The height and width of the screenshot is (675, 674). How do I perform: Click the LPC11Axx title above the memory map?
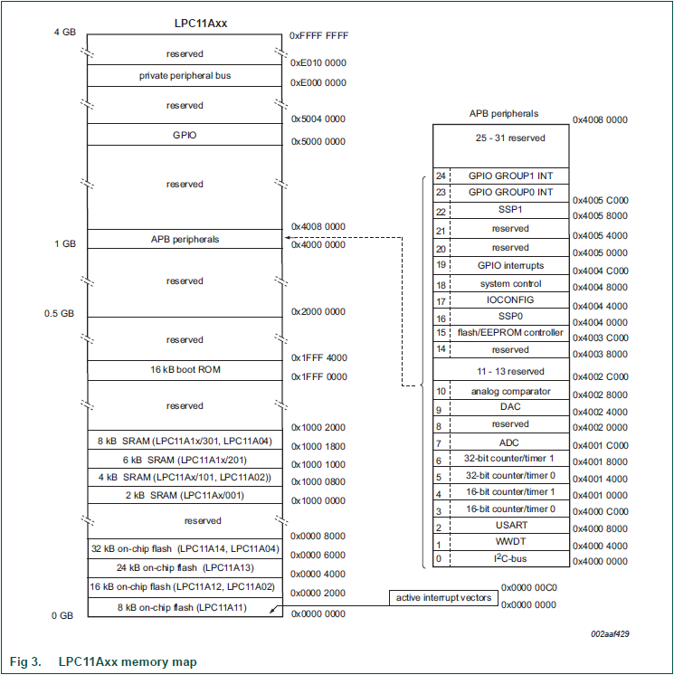pos(200,22)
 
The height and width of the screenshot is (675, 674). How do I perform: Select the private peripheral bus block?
pos(185,76)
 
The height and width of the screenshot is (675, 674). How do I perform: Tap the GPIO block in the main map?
pos(185,135)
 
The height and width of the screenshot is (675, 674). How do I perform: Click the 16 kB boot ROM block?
pos(185,369)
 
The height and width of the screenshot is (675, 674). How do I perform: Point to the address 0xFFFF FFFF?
pos(318,35)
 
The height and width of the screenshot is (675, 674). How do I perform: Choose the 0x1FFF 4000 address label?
pos(318,358)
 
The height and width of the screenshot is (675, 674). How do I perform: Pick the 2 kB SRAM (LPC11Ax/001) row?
pos(185,495)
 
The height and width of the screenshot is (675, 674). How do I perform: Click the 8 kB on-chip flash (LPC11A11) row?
pos(185,607)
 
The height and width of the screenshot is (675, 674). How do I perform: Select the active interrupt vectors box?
pos(444,598)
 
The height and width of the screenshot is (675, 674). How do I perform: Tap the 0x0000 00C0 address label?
pos(528,586)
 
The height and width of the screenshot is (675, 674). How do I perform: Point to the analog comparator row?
pos(510,392)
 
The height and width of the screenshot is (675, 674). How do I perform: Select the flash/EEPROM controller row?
pos(510,333)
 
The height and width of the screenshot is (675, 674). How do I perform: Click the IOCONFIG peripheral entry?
pos(510,300)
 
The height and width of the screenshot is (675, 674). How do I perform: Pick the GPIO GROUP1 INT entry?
pos(510,176)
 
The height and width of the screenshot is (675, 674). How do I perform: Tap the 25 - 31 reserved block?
pos(510,138)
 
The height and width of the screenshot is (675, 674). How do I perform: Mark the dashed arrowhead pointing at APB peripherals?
pos(288,240)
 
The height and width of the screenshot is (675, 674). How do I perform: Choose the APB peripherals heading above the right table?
pos(503,114)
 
